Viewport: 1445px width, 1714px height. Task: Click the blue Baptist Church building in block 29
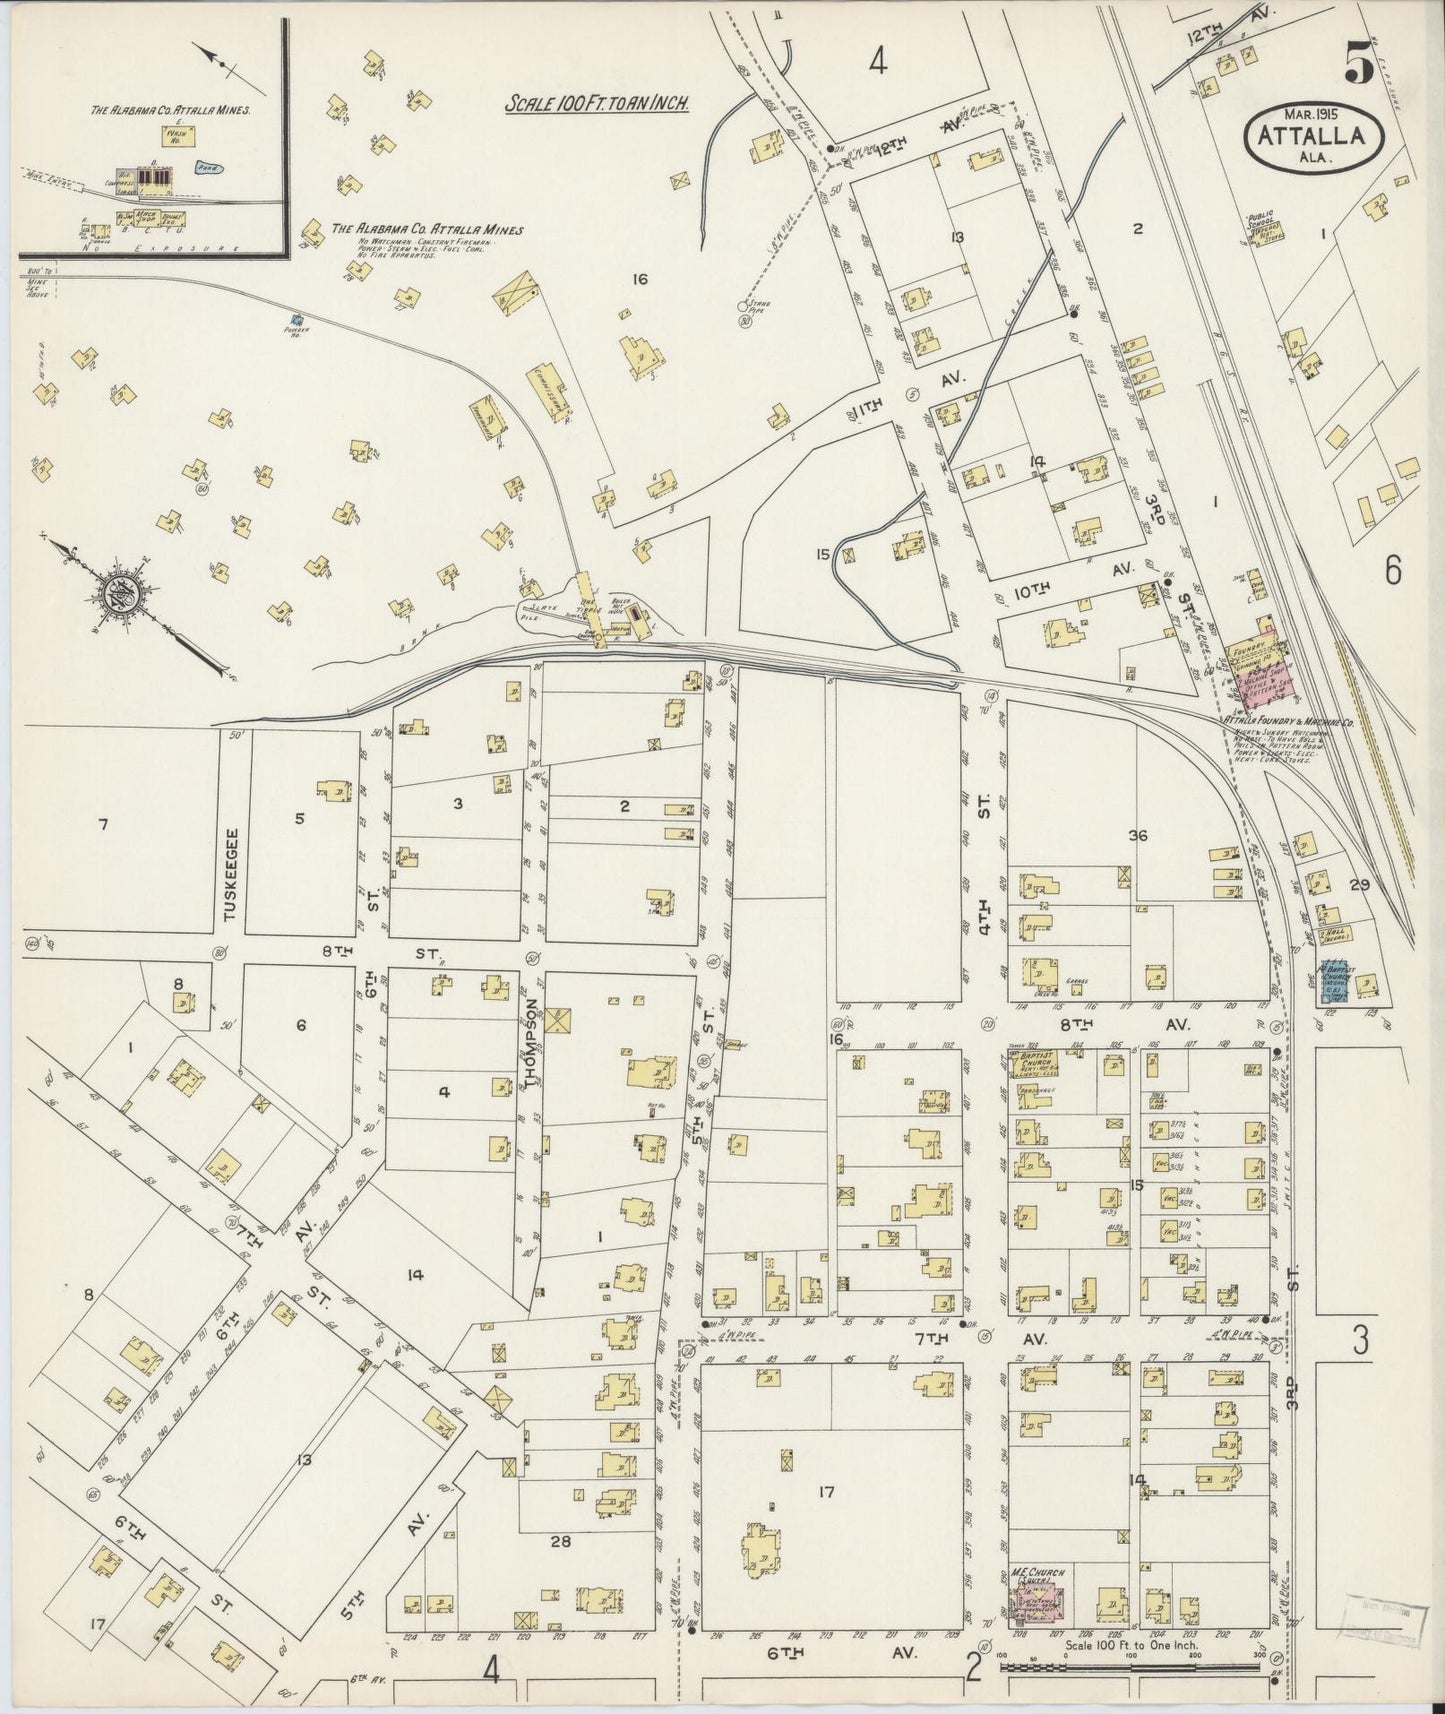(1332, 983)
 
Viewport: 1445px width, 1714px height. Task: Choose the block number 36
(1137, 835)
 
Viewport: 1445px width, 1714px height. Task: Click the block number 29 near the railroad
(1358, 885)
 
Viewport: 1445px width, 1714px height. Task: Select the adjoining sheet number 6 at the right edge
(1392, 570)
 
